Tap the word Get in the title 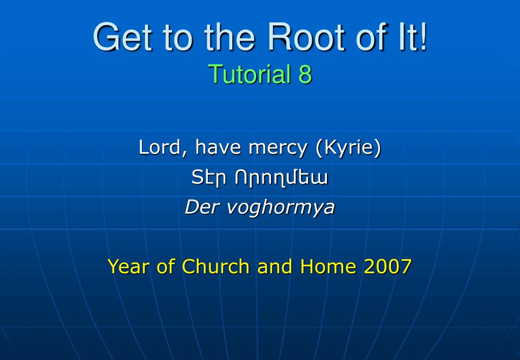123,37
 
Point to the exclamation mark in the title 423,37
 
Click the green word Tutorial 250,74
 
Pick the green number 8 305,74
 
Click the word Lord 161,147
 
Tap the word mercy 278,148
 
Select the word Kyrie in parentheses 349,147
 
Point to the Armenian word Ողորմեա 281,178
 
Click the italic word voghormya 281,208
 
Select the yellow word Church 216,266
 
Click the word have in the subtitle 218,147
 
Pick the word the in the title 229,37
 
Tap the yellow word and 274,266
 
